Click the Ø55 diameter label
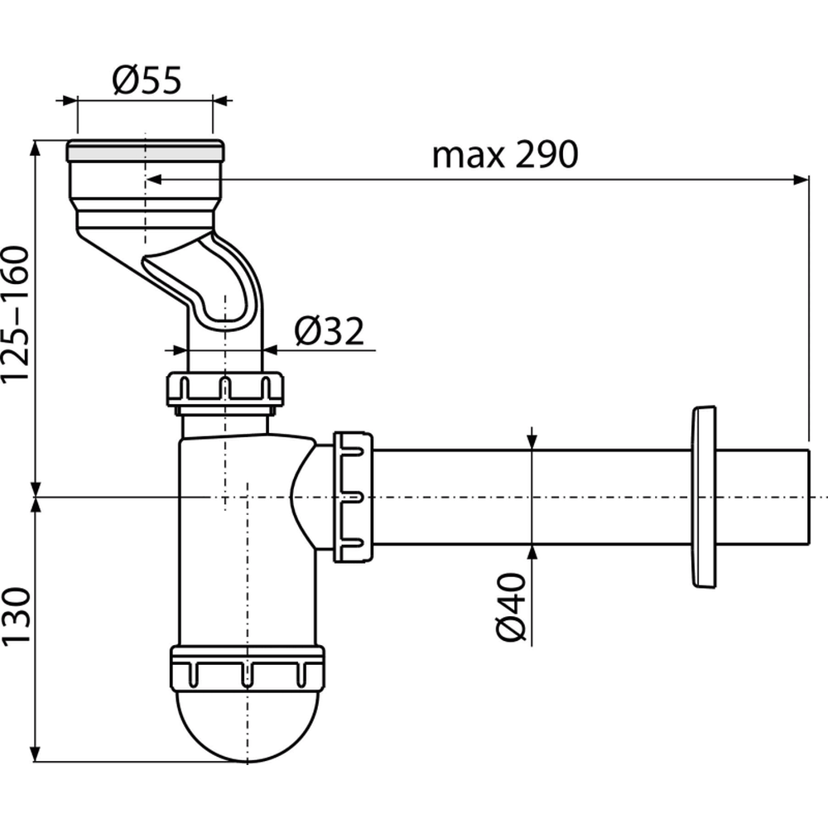(145, 81)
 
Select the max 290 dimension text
(503, 154)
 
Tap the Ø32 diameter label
(329, 331)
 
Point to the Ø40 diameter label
(513, 606)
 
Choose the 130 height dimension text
(17, 616)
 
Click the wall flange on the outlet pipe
(702, 497)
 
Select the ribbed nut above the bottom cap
(247, 666)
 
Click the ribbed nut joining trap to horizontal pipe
(353, 497)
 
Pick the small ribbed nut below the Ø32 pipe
(224, 389)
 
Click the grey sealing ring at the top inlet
(144, 151)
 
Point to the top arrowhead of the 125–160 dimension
(36, 148)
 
